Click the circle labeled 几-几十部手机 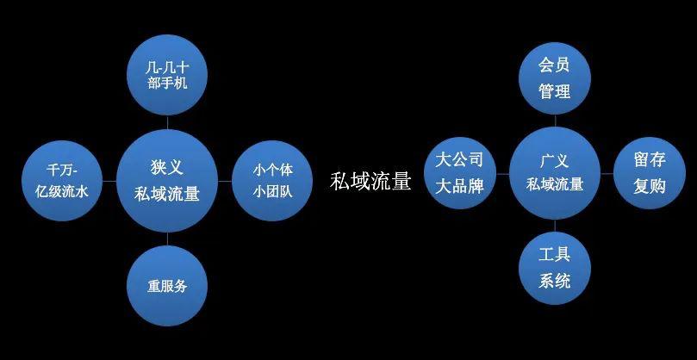[x=167, y=75]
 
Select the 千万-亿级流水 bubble [x=62, y=181]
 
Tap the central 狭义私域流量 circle [x=167, y=181]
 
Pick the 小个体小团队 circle [x=272, y=181]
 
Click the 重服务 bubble [x=167, y=286]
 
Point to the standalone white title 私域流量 [x=370, y=182]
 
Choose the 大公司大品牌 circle [x=459, y=173]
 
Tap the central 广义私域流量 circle [x=555, y=173]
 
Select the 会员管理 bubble [x=555, y=78]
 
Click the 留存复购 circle [x=650, y=173]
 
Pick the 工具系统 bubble [x=555, y=268]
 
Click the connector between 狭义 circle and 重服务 [x=167, y=239]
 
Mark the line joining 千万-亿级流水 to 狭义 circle [x=109, y=181]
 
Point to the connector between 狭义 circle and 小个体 [x=225, y=181]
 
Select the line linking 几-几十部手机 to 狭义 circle [x=167, y=122]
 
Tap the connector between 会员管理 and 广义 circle [x=555, y=121]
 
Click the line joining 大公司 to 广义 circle [x=503, y=173]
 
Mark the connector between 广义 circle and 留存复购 [x=607, y=173]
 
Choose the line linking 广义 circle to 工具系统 [x=555, y=226]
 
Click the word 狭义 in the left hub [x=166, y=168]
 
